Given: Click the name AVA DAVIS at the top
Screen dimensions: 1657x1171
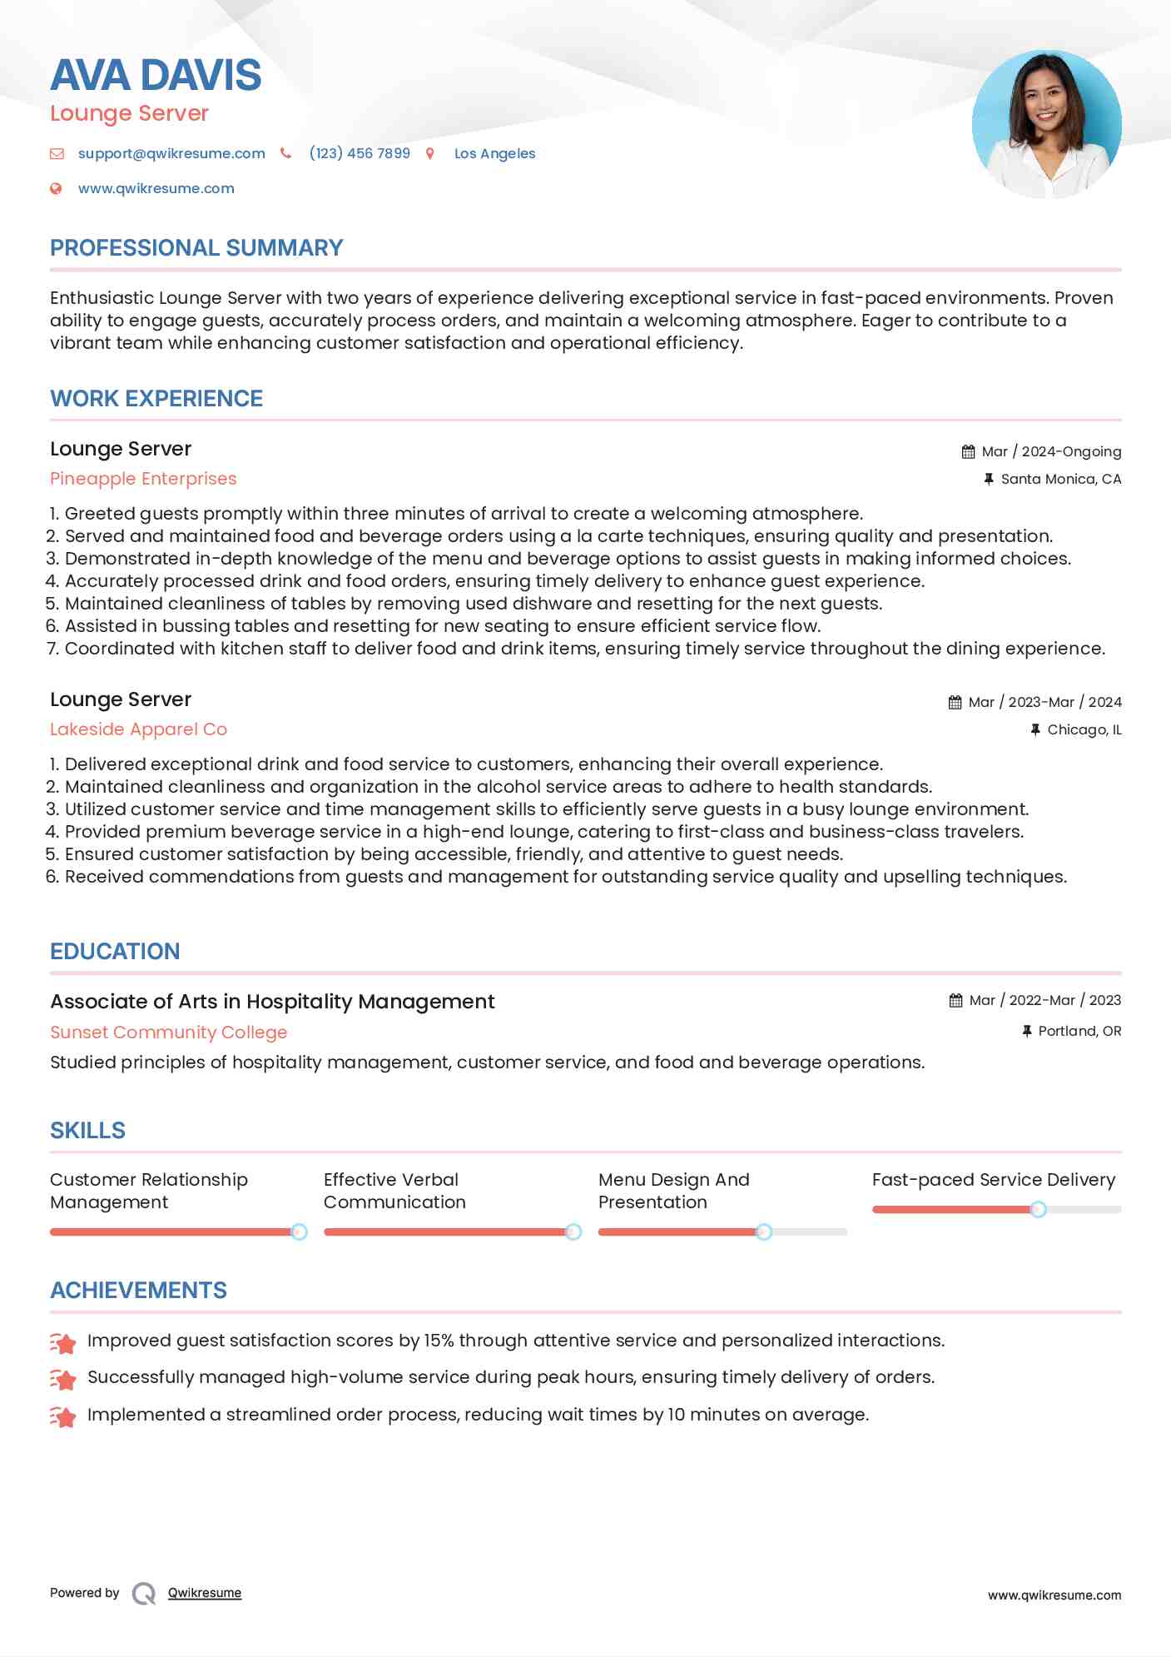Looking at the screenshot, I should [156, 75].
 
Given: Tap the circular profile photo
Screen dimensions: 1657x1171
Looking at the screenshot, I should [1046, 124].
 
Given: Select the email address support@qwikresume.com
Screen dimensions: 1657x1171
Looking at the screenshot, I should [171, 153].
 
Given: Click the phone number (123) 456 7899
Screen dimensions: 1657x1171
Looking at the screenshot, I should [360, 153].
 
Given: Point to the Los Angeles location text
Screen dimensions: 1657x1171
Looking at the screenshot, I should [494, 153].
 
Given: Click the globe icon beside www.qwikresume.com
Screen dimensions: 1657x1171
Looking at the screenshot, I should [56, 188].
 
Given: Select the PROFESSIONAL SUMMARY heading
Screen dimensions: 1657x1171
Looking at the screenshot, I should [196, 248].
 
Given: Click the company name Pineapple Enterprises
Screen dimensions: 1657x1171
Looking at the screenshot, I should [143, 479].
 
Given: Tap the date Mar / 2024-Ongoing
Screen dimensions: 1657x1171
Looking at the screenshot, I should [1051, 451].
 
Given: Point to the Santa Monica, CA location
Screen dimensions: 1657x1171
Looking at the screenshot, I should [1060, 479].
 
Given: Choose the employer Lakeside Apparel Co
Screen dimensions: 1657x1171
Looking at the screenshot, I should [138, 729].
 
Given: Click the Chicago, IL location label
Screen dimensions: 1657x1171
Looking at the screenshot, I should [1084, 729].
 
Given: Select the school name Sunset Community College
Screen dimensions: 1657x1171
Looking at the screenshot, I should [168, 1033].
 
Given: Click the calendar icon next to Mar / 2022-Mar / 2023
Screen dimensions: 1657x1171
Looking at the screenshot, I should [955, 1001].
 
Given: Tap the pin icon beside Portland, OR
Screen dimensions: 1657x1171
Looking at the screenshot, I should [1027, 1031].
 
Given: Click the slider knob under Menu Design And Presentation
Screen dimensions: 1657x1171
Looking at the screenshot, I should [764, 1232].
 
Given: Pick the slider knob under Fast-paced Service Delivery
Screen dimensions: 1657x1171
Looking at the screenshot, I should [1038, 1209].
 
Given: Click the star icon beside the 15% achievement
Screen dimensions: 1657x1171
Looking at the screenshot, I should [63, 1342].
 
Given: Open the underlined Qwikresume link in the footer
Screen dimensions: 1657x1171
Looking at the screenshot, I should [205, 1593].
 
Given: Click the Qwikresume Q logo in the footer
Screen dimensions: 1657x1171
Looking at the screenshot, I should [144, 1593].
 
